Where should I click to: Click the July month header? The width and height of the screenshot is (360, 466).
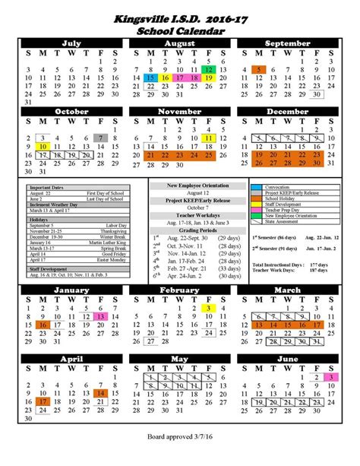[71, 44]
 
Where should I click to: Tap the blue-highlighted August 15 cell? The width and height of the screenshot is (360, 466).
[150, 78]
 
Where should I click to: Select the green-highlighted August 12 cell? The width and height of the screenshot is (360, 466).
[208, 68]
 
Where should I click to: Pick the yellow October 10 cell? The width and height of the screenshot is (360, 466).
[43, 146]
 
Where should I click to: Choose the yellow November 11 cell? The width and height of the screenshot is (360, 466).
[208, 137]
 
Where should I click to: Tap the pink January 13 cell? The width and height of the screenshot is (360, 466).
[100, 315]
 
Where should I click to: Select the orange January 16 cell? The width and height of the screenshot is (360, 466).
[43, 325]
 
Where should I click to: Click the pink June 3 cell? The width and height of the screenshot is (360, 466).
[330, 378]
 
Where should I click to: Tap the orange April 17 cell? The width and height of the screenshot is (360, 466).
[43, 401]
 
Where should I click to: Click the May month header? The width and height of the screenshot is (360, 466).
[179, 357]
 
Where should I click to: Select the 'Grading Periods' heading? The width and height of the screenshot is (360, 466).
[180, 230]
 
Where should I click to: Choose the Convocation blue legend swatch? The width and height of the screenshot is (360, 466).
[260, 187]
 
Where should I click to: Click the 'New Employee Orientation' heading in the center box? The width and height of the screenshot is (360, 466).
[180, 186]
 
